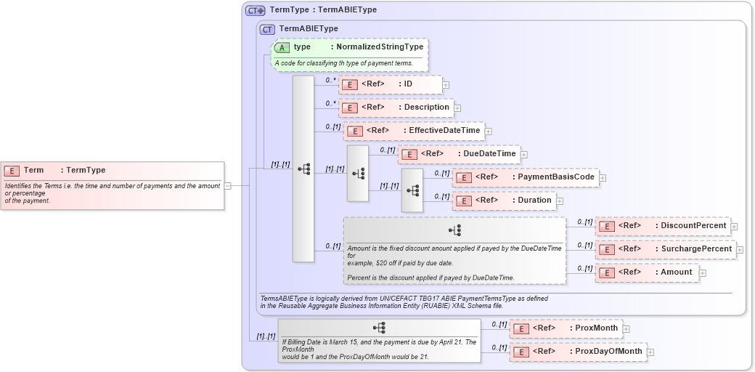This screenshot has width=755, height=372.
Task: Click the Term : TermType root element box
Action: pyautogui.click(x=113, y=185)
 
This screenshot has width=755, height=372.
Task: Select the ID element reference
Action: pyautogui.click(x=391, y=84)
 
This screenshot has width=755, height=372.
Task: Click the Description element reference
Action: pyautogui.click(x=396, y=108)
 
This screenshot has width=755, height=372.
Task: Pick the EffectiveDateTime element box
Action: pyautogui.click(x=414, y=131)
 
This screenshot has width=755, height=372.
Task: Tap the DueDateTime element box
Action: pyautogui.click(x=458, y=154)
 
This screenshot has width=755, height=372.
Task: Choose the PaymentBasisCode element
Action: pyautogui.click(x=526, y=177)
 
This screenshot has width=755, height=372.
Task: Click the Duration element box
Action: pyautogui.click(x=504, y=201)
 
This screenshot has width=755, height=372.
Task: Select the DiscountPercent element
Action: pyautogui.click(x=663, y=226)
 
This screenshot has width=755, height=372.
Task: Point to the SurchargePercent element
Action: pyautogui.click(x=666, y=249)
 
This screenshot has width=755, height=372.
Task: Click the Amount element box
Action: pyautogui.click(x=646, y=272)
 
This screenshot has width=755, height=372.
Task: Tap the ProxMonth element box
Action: pyautogui.click(x=567, y=328)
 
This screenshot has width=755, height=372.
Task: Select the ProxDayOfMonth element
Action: pyautogui.click(x=578, y=352)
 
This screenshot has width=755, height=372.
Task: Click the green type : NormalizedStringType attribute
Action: pyautogui.click(x=351, y=47)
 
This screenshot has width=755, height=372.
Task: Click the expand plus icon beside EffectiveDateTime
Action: pyautogui.click(x=489, y=132)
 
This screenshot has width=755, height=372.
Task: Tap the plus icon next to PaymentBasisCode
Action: pyautogui.click(x=603, y=178)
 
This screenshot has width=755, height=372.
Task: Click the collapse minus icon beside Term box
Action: pyautogui.click(x=227, y=185)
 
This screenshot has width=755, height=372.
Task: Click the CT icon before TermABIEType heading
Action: pyautogui.click(x=267, y=29)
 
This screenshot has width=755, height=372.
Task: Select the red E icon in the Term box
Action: pyautogui.click(x=12, y=171)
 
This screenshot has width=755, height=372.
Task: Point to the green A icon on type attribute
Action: pyautogui.click(x=282, y=47)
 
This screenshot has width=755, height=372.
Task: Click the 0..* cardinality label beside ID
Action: pyautogui.click(x=331, y=81)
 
